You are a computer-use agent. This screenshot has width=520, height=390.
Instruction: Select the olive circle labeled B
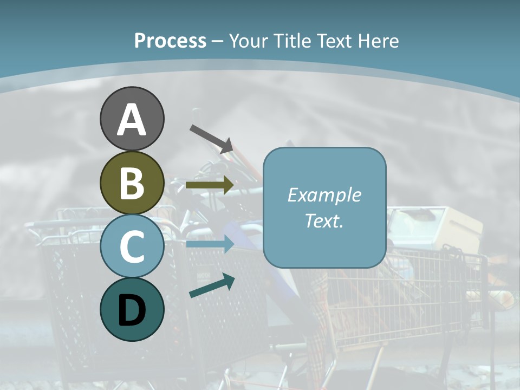(132, 183)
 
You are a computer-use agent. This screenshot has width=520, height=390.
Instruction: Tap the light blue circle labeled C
(132, 246)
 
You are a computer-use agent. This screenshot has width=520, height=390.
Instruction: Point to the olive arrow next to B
(210, 185)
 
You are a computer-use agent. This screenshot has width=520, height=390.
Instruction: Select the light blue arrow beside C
(210, 244)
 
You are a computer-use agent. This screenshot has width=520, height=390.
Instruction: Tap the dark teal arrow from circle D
(212, 286)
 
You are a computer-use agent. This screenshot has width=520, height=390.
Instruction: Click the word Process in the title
(170, 41)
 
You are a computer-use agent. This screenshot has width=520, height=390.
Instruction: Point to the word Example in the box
(324, 195)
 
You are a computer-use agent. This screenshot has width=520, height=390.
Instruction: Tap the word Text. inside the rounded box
(324, 221)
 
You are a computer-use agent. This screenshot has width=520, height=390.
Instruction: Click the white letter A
(132, 120)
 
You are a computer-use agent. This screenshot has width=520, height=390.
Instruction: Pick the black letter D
(132, 310)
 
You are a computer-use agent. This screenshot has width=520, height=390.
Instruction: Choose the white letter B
(132, 183)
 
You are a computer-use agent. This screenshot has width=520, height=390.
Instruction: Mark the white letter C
(132, 246)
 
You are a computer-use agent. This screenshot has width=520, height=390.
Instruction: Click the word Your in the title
(249, 41)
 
